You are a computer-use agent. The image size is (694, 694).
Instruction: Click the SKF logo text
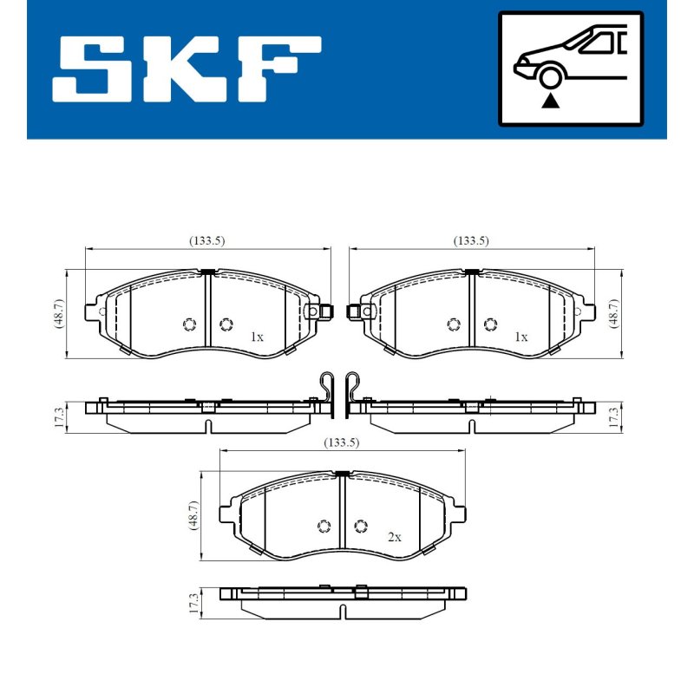[187, 69]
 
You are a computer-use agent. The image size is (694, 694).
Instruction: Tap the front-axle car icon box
[571, 69]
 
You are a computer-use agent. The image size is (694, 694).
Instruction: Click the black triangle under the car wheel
[550, 101]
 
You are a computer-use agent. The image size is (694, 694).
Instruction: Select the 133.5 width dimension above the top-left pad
[207, 241]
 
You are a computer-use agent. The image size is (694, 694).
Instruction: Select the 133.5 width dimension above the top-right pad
[471, 241]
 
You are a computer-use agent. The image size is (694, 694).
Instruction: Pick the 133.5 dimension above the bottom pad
[341, 442]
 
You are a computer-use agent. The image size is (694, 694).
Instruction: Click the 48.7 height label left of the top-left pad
[58, 313]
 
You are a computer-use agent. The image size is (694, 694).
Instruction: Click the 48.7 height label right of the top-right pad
[614, 313]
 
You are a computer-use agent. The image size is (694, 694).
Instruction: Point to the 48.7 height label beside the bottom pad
[193, 515]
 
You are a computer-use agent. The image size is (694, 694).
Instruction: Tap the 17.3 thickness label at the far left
[59, 417]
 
